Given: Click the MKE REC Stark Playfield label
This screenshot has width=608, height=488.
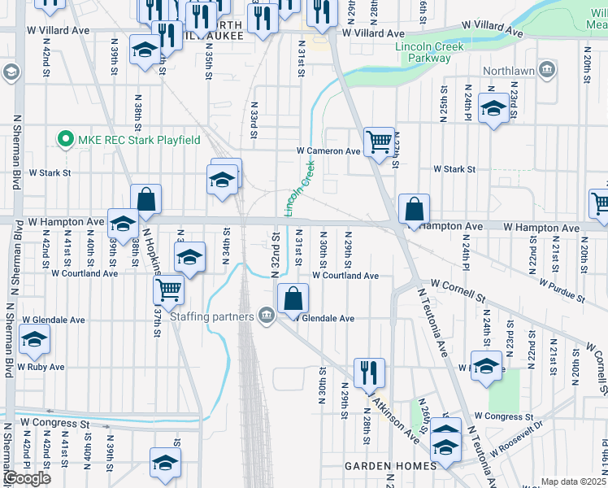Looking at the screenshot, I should [x=139, y=140].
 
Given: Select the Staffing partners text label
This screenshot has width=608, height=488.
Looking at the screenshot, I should [x=214, y=315].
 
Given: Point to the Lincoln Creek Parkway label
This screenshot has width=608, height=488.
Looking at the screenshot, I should [x=428, y=52].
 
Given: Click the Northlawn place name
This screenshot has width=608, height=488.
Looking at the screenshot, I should [x=509, y=71].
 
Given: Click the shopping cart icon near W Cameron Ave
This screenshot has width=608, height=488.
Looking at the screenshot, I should [x=379, y=142].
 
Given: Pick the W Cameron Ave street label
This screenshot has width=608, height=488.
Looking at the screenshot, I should [x=328, y=151].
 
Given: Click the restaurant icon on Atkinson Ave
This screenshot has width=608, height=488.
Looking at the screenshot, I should [x=369, y=373].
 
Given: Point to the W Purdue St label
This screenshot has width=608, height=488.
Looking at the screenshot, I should [x=566, y=289].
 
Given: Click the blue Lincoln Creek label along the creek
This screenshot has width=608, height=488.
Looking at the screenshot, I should [x=298, y=187].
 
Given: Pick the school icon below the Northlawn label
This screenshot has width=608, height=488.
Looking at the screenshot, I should [x=493, y=108].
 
